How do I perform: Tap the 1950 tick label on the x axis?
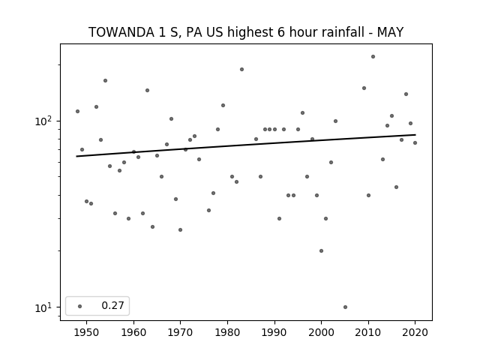(x=87, y=332)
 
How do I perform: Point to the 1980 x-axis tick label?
(x=227, y=332)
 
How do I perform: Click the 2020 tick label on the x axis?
(x=415, y=332)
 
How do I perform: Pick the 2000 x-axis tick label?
(x=321, y=332)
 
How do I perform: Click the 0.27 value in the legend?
(x=112, y=305)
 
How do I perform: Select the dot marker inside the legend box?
(x=80, y=306)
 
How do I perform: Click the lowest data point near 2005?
(x=345, y=307)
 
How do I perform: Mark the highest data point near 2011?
(x=373, y=57)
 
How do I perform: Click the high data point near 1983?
(x=241, y=70)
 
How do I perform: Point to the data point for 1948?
(x=77, y=112)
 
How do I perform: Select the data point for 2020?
(x=415, y=143)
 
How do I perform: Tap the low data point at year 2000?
(x=321, y=250)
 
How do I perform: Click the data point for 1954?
(x=105, y=81)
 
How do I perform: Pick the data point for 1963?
(x=147, y=90)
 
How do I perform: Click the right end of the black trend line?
(x=415, y=135)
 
